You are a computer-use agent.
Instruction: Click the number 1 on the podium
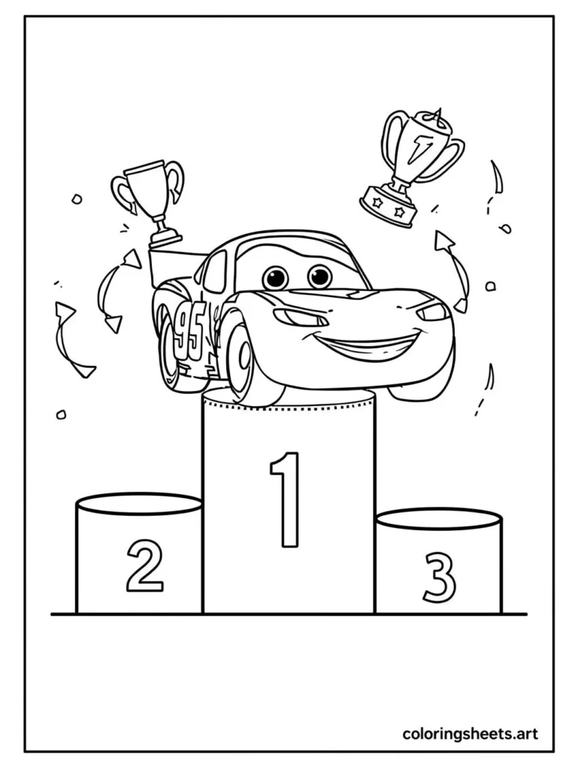click(287, 499)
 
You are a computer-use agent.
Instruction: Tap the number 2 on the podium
click(144, 566)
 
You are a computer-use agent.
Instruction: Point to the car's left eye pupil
click(275, 278)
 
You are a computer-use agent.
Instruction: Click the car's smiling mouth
click(368, 350)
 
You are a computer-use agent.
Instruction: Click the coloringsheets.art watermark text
click(470, 733)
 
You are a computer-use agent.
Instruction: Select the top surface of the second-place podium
click(139, 504)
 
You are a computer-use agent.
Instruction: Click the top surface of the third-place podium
click(438, 519)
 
